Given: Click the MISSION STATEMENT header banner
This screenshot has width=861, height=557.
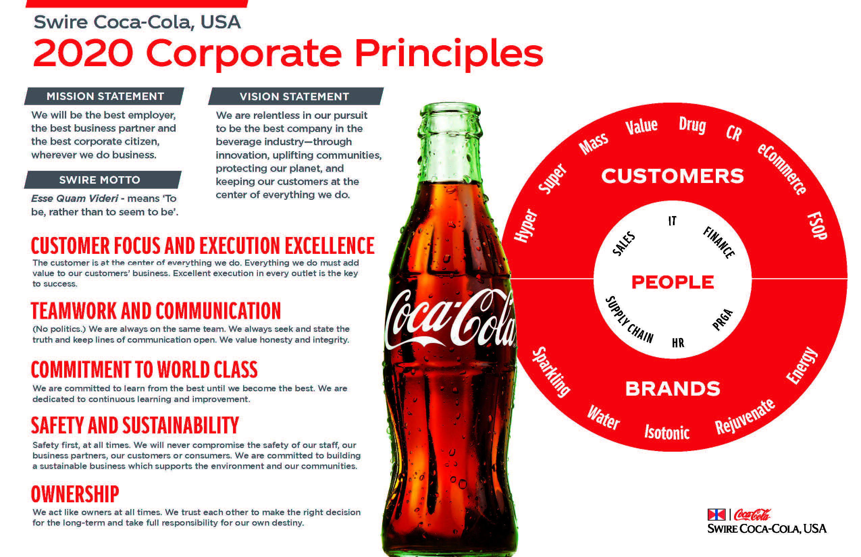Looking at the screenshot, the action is pyautogui.click(x=104, y=96).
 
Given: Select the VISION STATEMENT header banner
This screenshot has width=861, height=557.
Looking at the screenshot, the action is pyautogui.click(x=296, y=96).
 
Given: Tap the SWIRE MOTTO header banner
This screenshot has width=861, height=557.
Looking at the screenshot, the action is pyautogui.click(x=103, y=180).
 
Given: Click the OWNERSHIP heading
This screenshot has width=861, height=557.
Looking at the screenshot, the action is pyautogui.click(x=75, y=495).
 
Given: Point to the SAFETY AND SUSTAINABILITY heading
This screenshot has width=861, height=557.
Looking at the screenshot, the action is pyautogui.click(x=135, y=425).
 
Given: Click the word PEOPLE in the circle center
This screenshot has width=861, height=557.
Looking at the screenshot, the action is pyautogui.click(x=673, y=282).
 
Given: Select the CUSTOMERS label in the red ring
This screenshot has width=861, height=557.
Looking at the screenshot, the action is pyautogui.click(x=673, y=176).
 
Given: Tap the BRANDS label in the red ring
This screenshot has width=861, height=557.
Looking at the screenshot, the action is pyautogui.click(x=673, y=389).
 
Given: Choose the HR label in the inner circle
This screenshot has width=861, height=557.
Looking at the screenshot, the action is pyautogui.click(x=678, y=343).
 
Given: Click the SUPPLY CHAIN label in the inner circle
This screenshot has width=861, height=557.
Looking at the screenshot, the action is pyautogui.click(x=629, y=320).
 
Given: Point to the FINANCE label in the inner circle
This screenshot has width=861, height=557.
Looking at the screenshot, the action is pyautogui.click(x=719, y=242).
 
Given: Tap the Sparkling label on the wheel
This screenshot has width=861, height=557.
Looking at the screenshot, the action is pyautogui.click(x=551, y=372).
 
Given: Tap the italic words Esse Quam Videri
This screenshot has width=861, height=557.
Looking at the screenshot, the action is pyautogui.click(x=75, y=198).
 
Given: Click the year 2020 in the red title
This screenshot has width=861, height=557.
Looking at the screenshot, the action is pyautogui.click(x=83, y=53).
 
